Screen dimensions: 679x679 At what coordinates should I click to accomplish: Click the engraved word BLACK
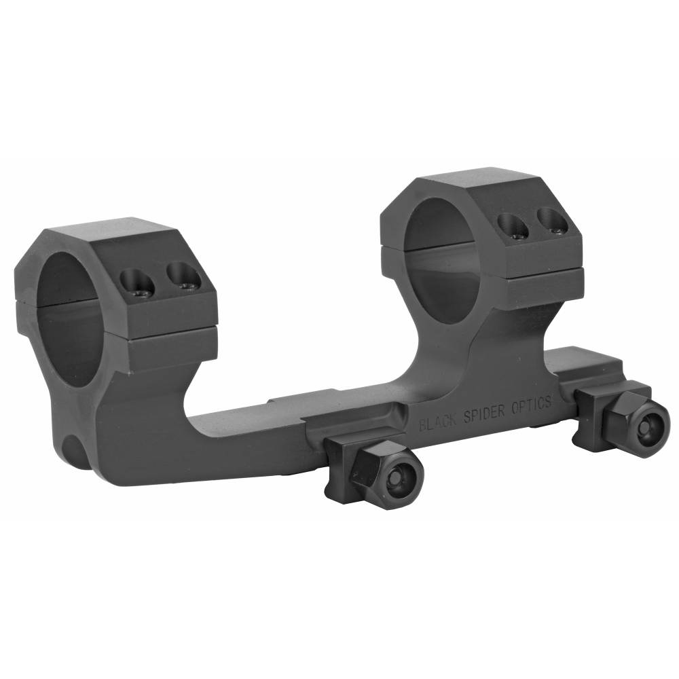tap(438, 422)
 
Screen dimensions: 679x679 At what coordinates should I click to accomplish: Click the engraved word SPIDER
tap(484, 414)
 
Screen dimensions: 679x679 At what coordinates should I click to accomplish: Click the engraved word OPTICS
tap(532, 405)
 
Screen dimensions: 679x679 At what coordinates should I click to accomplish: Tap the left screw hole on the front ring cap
tap(137, 282)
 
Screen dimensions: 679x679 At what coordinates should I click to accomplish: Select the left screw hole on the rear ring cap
tap(513, 225)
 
